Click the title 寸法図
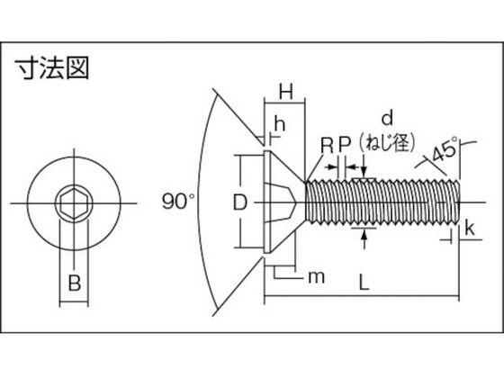(x=52, y=67)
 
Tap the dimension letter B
(x=75, y=283)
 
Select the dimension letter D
(x=239, y=202)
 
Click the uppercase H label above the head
(x=286, y=91)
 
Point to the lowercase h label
(x=280, y=124)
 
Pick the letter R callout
(x=328, y=145)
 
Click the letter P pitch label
(x=344, y=145)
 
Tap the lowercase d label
(x=387, y=118)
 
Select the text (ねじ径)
(x=387, y=142)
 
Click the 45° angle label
(x=445, y=149)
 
